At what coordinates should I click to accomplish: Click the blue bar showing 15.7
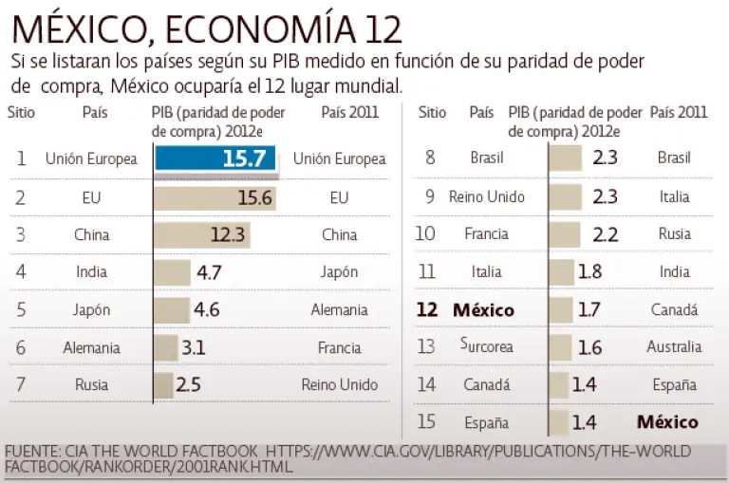215,158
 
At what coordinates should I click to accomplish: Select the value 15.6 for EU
255,197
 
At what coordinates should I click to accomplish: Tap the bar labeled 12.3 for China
201,234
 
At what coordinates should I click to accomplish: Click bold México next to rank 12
483,309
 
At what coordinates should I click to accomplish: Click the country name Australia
674,346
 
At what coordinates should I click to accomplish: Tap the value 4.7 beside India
209,272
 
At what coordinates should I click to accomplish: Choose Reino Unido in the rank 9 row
486,197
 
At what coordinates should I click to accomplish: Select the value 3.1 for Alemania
194,347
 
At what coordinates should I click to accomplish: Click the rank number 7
20,384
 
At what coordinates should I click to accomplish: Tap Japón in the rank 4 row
339,272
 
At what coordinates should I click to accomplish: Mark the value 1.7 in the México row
589,309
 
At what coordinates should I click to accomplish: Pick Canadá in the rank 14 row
486,384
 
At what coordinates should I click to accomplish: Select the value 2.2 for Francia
604,234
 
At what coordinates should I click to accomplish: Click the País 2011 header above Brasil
679,112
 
